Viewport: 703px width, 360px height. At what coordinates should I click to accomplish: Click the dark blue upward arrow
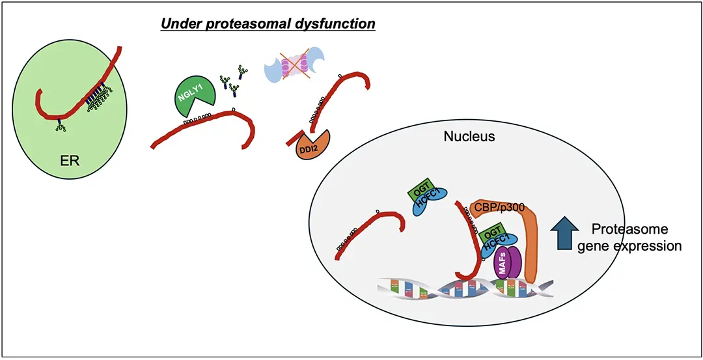(x=564, y=234)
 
